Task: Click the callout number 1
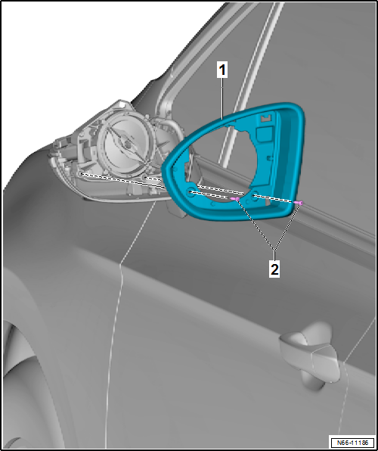pos(223,70)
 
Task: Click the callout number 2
pos(273,269)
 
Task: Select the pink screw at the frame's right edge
pos(300,203)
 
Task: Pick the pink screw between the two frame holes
pos(237,198)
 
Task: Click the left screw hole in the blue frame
pos(187,194)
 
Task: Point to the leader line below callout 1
pos(223,98)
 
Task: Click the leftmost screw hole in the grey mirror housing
pos(82,175)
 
